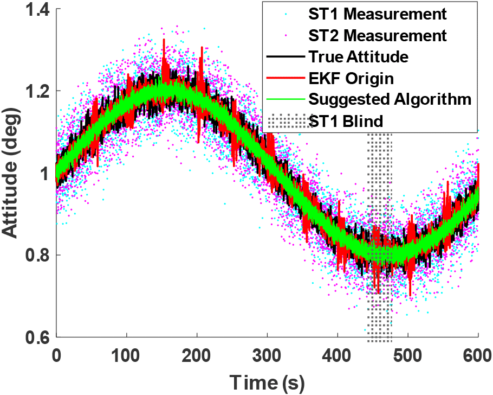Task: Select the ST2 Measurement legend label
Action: [x=378, y=36]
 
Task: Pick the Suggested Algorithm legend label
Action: [x=390, y=99]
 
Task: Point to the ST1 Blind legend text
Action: [x=345, y=120]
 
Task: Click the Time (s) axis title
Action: [x=268, y=381]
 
